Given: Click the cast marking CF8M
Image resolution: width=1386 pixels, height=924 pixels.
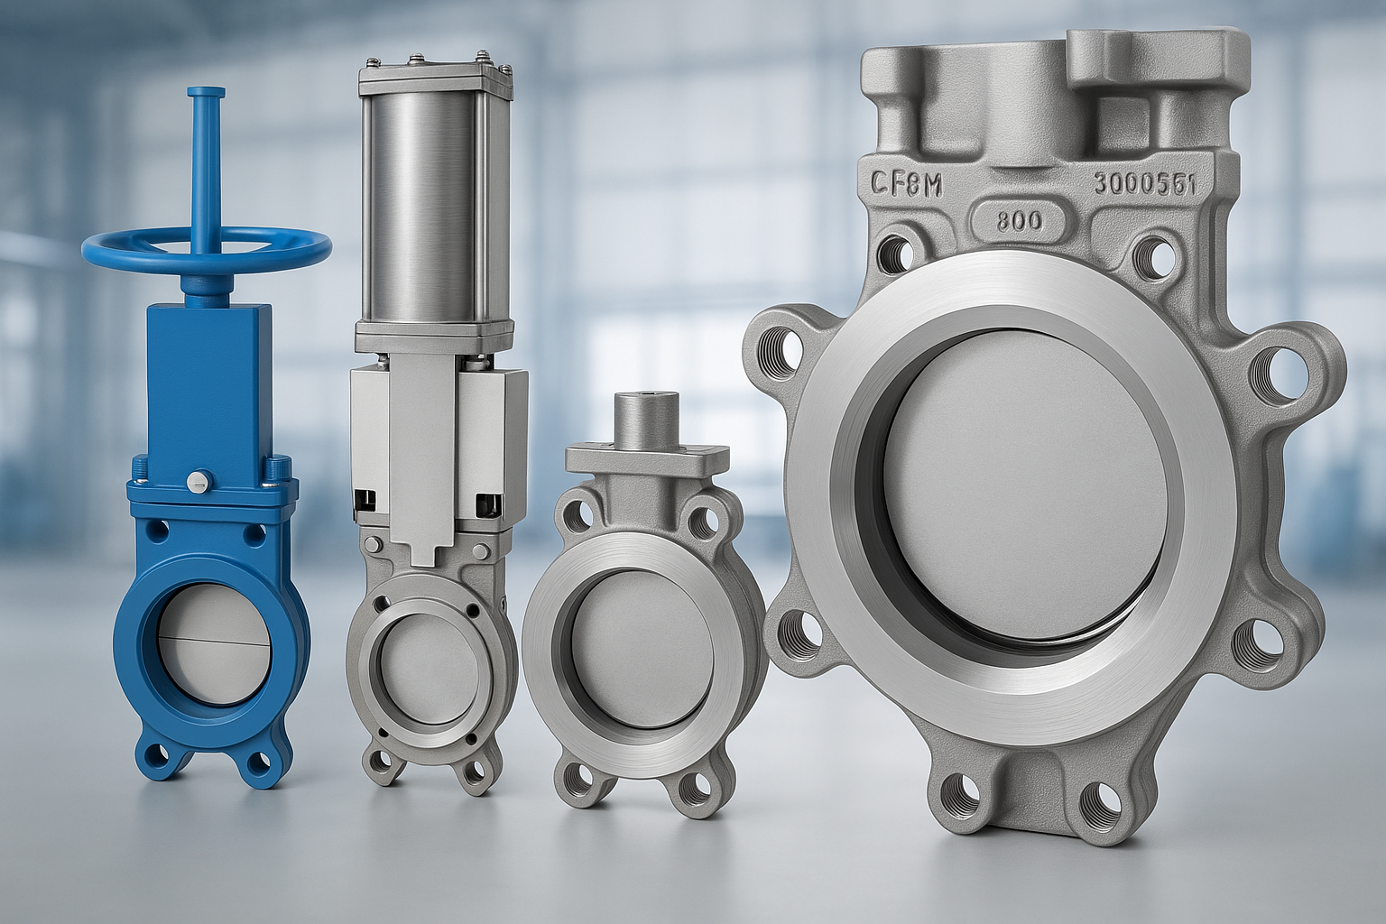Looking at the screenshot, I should pos(906,186).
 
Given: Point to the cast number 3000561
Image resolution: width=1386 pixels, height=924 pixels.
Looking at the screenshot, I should pos(1144,184).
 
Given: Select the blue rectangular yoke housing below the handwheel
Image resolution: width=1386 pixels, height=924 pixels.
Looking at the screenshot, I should pos(208,378).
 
